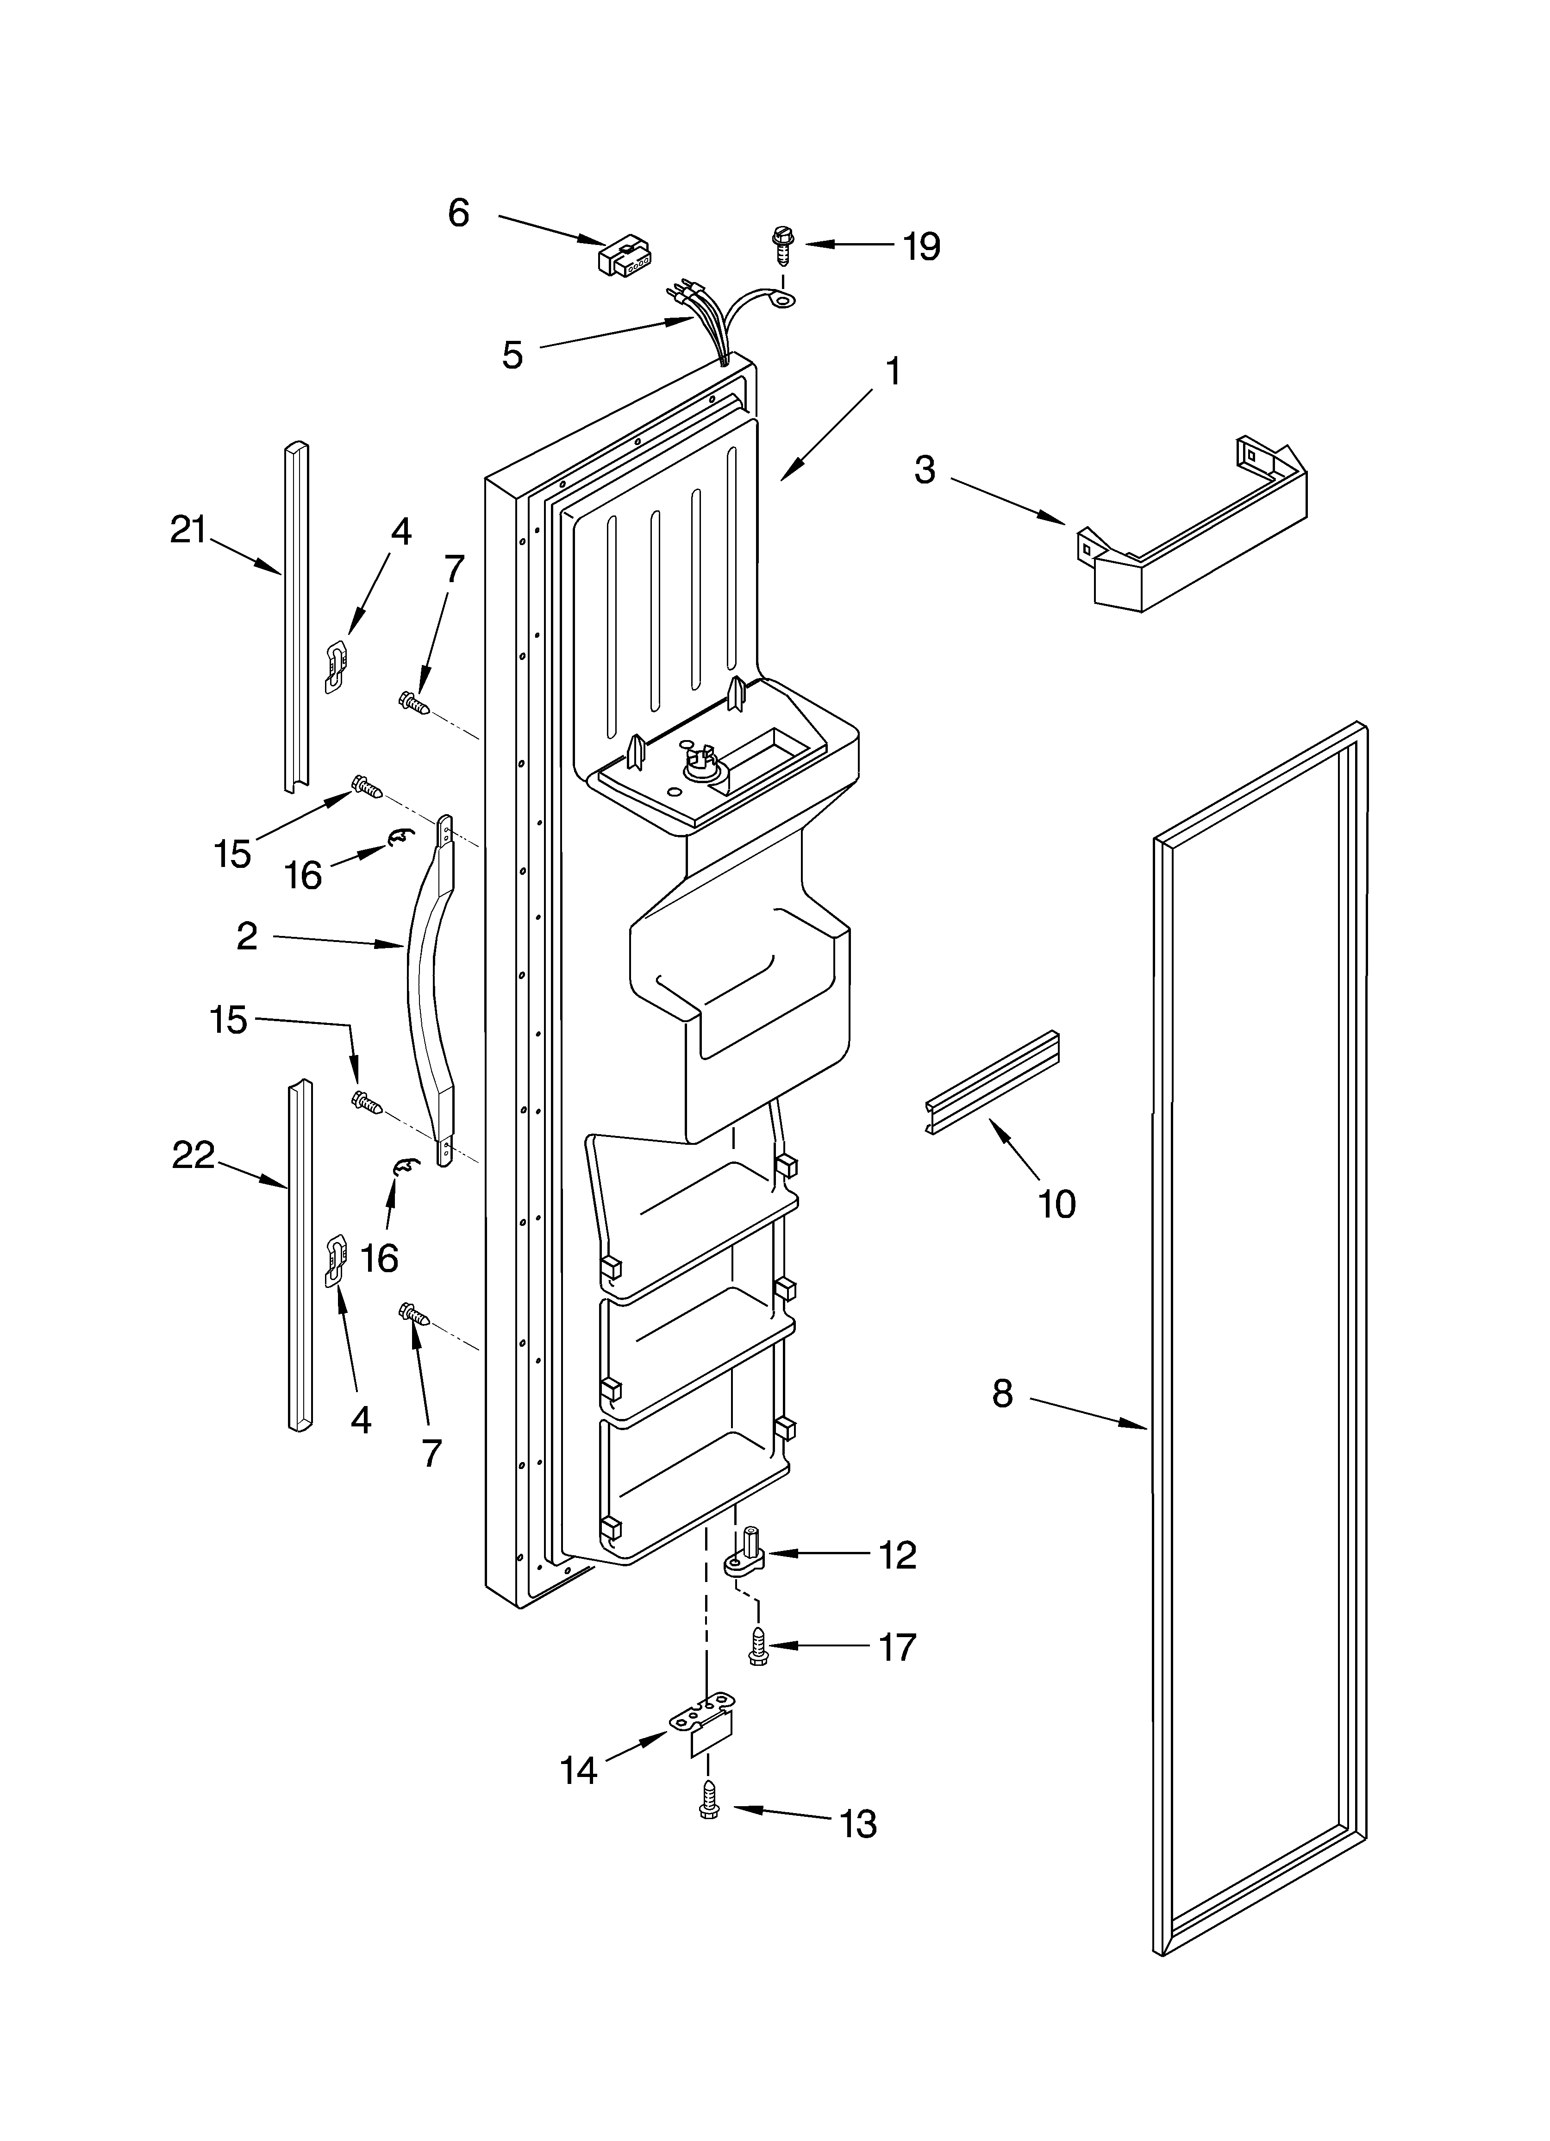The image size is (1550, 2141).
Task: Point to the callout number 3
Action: point(925,469)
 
